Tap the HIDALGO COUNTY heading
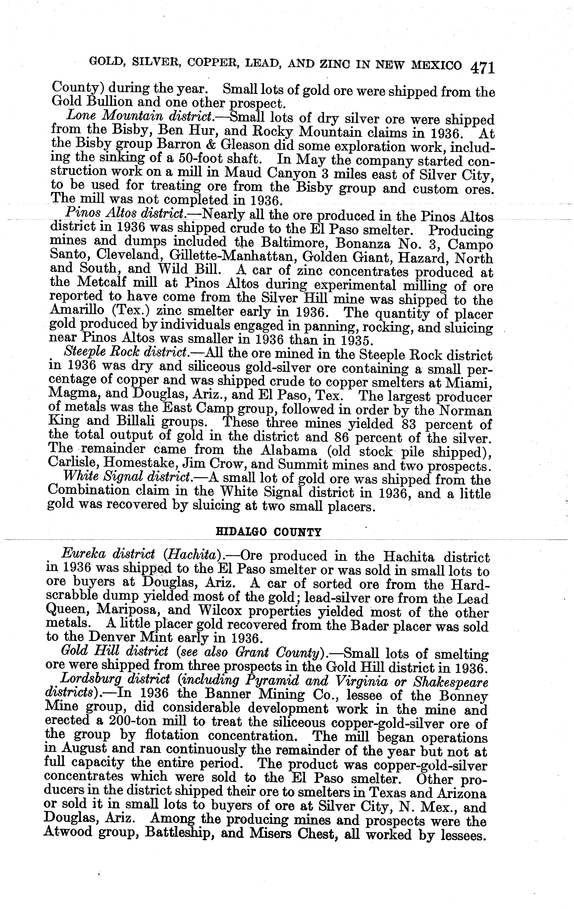pos(268,532)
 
